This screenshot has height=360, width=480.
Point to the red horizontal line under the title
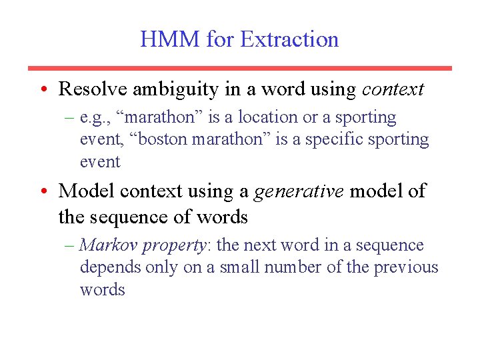(239, 68)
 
